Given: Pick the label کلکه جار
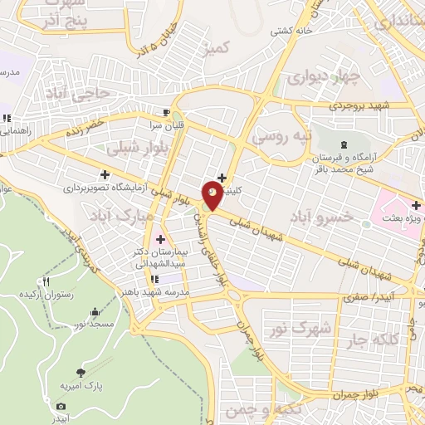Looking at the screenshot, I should point(375,338).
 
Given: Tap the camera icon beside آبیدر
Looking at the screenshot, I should point(61,406).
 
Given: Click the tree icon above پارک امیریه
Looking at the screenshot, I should point(80,373).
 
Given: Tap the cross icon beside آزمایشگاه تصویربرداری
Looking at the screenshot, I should point(105,174).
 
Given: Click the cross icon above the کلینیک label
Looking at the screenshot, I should point(221,177).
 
